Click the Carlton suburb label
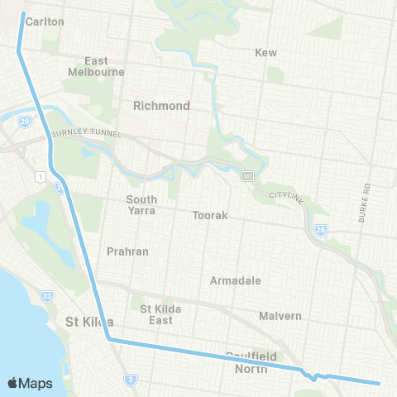(x=45, y=22)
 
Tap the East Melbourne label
(x=96, y=66)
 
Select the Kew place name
(x=266, y=52)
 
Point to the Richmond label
(x=161, y=106)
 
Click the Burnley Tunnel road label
(x=86, y=134)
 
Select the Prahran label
(x=127, y=251)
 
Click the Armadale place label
(x=236, y=280)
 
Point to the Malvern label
(x=280, y=316)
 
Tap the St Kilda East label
(x=155, y=314)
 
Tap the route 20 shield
(x=26, y=122)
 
